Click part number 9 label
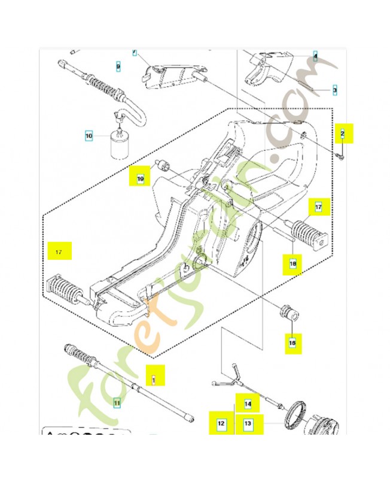pyautogui.click(x=118, y=66)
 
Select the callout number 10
pyautogui.click(x=89, y=137)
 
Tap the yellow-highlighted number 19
pyautogui.click(x=141, y=178)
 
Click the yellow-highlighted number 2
pyautogui.click(x=343, y=132)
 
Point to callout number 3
pyautogui.click(x=334, y=90)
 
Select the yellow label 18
pyautogui.click(x=293, y=262)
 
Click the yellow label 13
pyautogui.click(x=248, y=424)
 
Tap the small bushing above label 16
pyautogui.click(x=290, y=313)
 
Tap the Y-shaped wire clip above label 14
pyautogui.click(x=228, y=375)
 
